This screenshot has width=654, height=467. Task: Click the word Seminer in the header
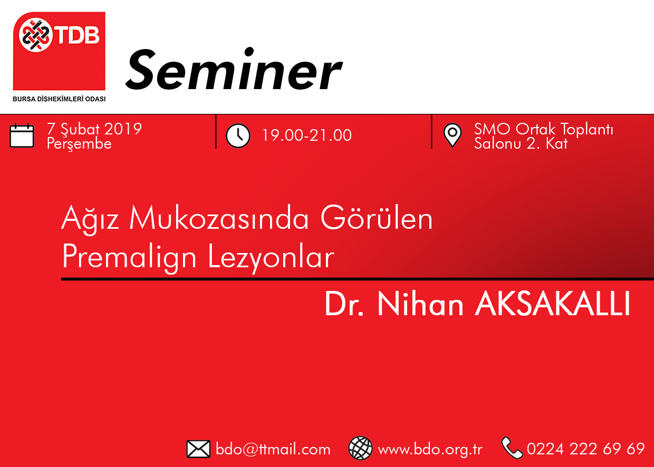pos(234,70)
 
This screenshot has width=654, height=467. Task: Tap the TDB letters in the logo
pos(78,35)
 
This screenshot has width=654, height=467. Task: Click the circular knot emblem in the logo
pos(36,35)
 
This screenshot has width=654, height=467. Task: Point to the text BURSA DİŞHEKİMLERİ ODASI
pos(59,99)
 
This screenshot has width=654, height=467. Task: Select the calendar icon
pos(22,135)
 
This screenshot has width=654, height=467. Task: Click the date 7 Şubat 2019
pos(94,129)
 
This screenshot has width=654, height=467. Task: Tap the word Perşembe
pos(79,144)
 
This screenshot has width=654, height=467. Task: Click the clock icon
pos(238,136)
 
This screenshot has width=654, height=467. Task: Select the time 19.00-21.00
pos(307,135)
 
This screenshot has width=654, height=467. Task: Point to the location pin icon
pos(452,135)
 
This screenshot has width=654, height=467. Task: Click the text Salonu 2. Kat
pos(521,143)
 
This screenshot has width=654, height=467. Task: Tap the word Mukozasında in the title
pos(219,219)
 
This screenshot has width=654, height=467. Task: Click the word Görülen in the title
pos(377,218)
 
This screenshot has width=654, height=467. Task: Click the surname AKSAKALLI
pos(552,304)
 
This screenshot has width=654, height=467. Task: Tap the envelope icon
pos(198,449)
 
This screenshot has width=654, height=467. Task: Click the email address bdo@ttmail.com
pos(273,449)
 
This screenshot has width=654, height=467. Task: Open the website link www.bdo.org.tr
pos(430,450)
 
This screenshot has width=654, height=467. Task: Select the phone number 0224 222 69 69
pos(585,449)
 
